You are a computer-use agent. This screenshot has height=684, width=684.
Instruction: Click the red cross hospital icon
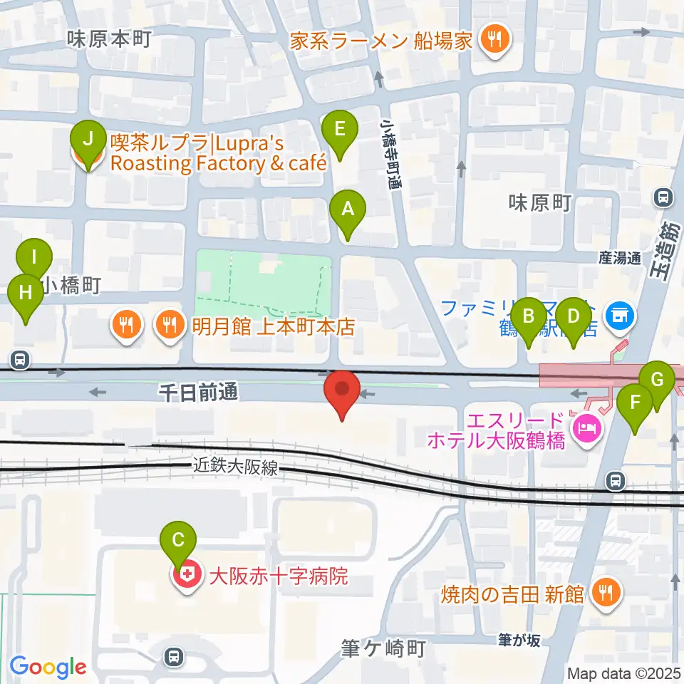(x=188, y=576)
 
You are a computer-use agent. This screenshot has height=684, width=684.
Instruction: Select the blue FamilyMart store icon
(x=618, y=314)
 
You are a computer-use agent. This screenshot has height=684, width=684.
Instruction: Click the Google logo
(x=48, y=667)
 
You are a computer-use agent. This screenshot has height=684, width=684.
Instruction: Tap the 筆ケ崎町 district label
(x=384, y=649)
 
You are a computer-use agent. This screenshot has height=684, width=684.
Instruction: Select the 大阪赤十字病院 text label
(x=278, y=576)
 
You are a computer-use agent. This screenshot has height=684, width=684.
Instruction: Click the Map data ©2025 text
(x=623, y=672)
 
